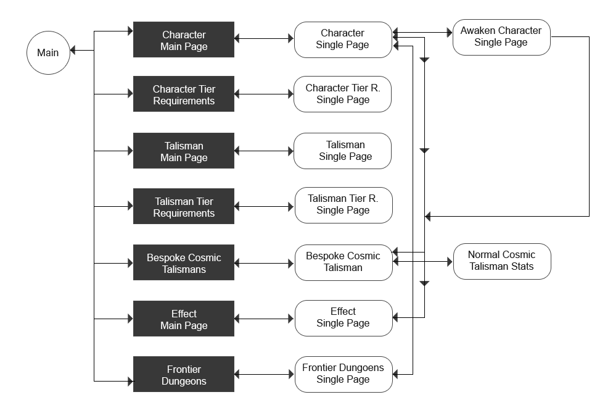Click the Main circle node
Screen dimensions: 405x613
click(x=48, y=53)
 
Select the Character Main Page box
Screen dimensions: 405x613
click(x=184, y=41)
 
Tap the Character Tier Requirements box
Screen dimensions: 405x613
click(x=184, y=95)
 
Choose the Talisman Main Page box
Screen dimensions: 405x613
click(x=184, y=151)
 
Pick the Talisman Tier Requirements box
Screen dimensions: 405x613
click(x=184, y=207)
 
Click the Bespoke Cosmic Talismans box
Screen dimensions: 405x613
click(x=184, y=263)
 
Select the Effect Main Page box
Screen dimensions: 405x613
click(x=184, y=319)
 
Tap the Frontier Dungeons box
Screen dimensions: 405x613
click(x=184, y=375)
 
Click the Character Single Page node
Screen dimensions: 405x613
click(x=343, y=40)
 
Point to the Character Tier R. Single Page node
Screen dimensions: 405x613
click(x=343, y=94)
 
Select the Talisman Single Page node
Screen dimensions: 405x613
click(x=343, y=151)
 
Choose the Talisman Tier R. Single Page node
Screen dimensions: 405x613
click(x=343, y=204)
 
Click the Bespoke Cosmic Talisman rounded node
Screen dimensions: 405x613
click(x=343, y=262)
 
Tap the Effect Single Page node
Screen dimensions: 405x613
click(x=343, y=318)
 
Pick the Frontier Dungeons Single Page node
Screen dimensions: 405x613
click(x=343, y=374)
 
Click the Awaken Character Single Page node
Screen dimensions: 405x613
click(x=501, y=37)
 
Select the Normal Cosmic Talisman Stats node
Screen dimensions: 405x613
click(x=501, y=261)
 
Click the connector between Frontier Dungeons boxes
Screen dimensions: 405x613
click(x=265, y=374)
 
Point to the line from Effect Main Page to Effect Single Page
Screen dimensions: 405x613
click(x=265, y=319)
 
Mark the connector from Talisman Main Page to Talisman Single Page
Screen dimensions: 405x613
click(x=265, y=151)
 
